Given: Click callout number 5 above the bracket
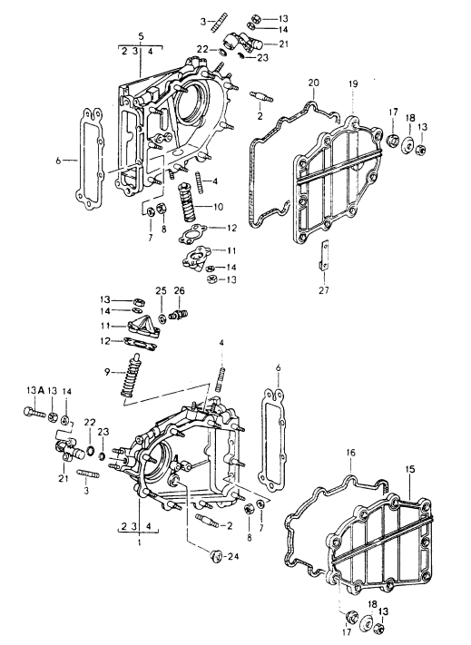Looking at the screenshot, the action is [x=141, y=36].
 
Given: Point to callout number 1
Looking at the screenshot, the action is [x=140, y=542].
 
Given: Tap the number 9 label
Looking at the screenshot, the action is [x=107, y=372].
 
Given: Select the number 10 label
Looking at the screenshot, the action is [x=218, y=207].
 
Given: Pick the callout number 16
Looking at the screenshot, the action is [x=350, y=454].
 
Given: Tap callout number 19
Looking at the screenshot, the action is [x=353, y=84].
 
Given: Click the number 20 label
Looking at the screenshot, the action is [x=313, y=83].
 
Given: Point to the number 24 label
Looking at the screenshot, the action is [x=233, y=557].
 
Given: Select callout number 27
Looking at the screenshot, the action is [x=324, y=290].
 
